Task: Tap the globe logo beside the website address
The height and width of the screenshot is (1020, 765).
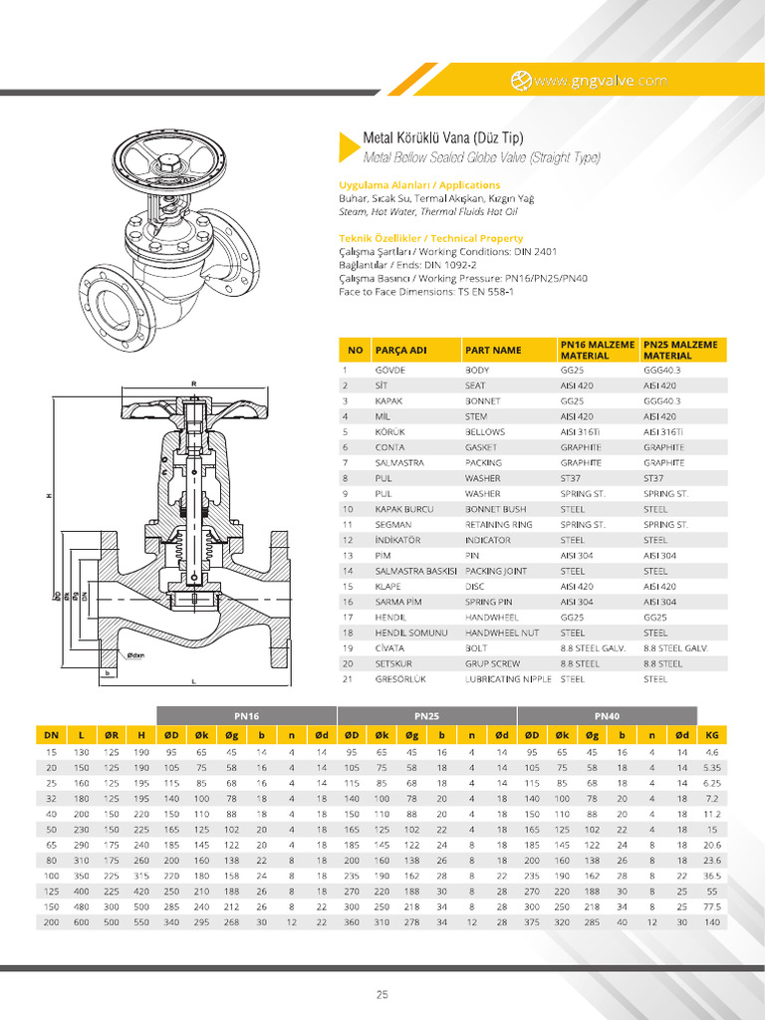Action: (x=520, y=81)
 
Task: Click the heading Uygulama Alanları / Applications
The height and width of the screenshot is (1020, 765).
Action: (x=419, y=185)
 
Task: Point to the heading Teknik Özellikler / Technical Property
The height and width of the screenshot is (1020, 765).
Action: (x=430, y=238)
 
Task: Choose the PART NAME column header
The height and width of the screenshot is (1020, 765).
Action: (x=493, y=351)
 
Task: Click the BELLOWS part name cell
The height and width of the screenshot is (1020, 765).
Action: (x=485, y=432)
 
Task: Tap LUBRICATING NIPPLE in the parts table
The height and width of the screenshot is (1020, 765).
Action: (x=507, y=678)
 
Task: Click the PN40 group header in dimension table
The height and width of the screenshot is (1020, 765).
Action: (x=608, y=715)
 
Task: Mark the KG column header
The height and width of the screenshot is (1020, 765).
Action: (x=712, y=735)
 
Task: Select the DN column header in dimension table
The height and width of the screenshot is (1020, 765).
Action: (x=52, y=735)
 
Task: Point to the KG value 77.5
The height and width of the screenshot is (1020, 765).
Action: (x=712, y=908)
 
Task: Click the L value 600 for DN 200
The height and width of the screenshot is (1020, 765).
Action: (x=82, y=923)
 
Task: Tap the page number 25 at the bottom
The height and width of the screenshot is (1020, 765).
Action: (x=382, y=994)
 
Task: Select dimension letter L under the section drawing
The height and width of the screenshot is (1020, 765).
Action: (x=194, y=681)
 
